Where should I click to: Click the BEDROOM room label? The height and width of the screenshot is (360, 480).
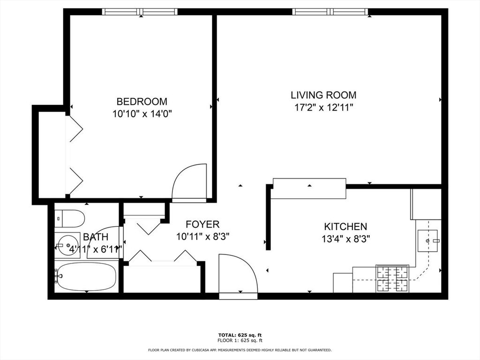coord(142,101)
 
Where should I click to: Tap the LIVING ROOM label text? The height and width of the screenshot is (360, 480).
coord(323,95)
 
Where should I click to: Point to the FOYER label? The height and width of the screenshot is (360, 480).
coord(202,225)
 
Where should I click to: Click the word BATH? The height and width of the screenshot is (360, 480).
coord(96,237)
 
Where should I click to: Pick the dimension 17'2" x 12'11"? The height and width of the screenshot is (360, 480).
coord(323,107)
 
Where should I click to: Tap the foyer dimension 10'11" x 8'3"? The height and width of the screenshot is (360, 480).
coord(202,237)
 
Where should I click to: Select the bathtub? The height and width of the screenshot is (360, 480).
coord(85,277)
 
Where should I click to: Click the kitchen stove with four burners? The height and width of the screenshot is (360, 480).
coord(392,278)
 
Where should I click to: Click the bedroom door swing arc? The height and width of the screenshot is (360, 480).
coord(189,183)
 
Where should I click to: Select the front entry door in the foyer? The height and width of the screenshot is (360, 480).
coord(238,277)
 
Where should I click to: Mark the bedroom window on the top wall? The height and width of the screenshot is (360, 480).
coord(140,12)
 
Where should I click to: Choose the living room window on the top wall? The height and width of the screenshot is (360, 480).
coord(331,12)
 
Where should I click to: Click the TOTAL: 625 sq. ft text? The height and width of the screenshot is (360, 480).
coord(240,335)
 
